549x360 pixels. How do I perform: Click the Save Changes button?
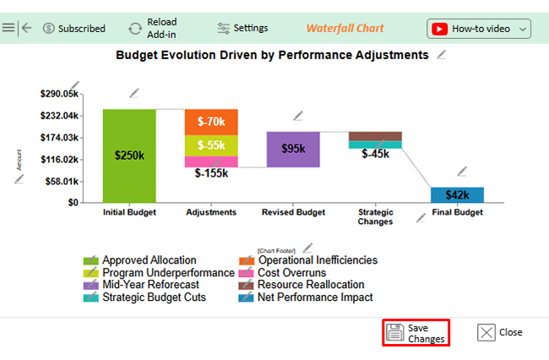tap(415, 332)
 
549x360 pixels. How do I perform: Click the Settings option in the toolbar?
tap(242, 28)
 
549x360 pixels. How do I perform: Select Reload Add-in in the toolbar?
tap(153, 28)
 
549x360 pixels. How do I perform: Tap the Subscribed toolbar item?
tap(73, 29)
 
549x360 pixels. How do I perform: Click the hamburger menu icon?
tap(8, 28)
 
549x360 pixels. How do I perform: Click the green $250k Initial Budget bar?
tap(129, 155)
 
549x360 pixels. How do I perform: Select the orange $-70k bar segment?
tap(211, 122)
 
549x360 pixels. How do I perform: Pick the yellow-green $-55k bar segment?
tap(211, 145)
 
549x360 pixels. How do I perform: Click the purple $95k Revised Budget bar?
tap(293, 149)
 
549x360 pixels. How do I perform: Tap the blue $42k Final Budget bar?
tap(457, 194)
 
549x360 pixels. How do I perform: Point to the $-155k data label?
tap(211, 173)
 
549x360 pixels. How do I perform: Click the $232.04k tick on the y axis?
tap(59, 116)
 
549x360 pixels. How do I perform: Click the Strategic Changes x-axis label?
tap(375, 217)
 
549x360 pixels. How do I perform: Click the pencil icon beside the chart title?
tap(442, 55)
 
